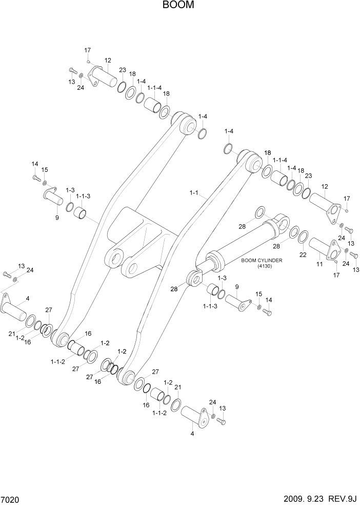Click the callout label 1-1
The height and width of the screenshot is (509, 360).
(194, 193)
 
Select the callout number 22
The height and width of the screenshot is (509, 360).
(303, 255)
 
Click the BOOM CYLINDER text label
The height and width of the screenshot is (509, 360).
(264, 260)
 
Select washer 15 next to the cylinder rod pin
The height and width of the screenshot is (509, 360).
(259, 307)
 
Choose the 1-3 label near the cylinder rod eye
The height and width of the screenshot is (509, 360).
(222, 278)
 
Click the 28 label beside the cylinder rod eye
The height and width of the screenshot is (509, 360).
(174, 289)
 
